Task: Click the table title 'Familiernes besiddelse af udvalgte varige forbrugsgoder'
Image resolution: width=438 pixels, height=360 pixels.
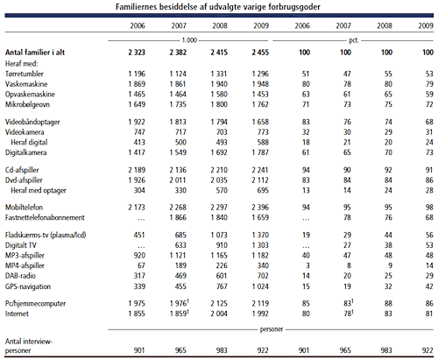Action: tap(218, 6)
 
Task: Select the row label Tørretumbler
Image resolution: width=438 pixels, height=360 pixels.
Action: tap(25, 74)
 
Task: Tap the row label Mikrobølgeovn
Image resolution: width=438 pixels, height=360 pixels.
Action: tap(27, 104)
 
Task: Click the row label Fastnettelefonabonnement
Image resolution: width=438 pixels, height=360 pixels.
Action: tap(45, 217)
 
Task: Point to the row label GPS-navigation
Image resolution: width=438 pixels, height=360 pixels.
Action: tap(28, 286)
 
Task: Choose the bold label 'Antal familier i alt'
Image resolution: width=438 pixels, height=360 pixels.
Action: tap(35, 53)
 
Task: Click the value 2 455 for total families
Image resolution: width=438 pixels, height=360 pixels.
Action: tap(260, 53)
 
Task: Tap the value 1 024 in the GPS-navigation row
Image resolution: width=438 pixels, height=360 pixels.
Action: tap(260, 286)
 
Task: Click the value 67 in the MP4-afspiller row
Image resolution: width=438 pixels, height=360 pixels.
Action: tap(141, 265)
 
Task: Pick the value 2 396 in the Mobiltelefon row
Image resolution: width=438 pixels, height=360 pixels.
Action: tap(260, 208)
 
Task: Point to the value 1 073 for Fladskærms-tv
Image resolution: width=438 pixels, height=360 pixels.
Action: tap(219, 235)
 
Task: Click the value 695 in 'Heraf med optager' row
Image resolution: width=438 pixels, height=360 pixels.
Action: tap(263, 190)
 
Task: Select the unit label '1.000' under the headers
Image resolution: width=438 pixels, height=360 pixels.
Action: tap(189, 40)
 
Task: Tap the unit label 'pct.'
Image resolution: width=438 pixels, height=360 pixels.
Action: tap(354, 40)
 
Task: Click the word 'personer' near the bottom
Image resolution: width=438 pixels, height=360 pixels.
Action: tap(272, 329)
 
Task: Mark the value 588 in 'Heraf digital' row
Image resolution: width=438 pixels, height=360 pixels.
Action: tap(263, 142)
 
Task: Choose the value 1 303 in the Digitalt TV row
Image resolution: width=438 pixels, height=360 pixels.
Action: tap(260, 245)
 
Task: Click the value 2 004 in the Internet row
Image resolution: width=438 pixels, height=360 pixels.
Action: tap(219, 314)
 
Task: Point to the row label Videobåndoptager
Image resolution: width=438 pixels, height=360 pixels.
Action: tap(32, 122)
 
